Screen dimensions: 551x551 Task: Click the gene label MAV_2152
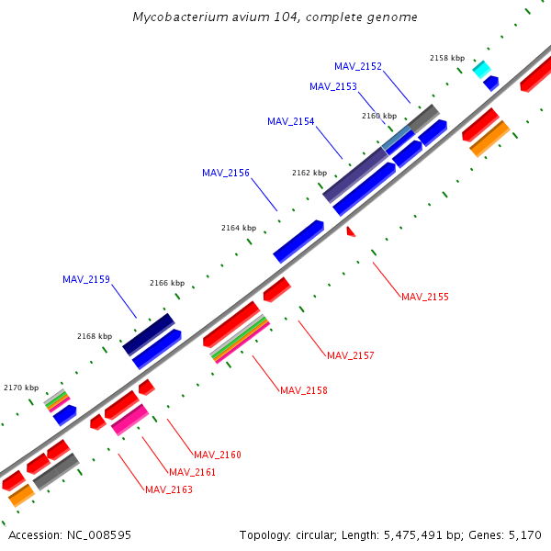click(x=358, y=66)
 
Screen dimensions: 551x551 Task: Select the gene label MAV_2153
click(x=333, y=86)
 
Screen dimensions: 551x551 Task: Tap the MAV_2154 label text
click(x=291, y=121)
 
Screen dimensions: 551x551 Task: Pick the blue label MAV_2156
click(x=226, y=173)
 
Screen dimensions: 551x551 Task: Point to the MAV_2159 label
click(x=86, y=279)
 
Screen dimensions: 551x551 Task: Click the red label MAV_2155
click(x=425, y=297)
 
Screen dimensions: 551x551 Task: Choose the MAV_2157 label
click(x=351, y=355)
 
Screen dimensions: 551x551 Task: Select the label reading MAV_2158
click(x=304, y=390)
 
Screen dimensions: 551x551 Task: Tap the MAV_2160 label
click(x=218, y=455)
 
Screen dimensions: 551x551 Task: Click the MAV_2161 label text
click(x=193, y=472)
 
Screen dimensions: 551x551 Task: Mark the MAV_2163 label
click(x=169, y=489)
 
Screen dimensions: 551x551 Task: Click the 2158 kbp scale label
click(x=447, y=58)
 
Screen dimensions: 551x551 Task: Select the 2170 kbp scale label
click(x=22, y=388)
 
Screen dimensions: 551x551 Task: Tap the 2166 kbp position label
click(x=167, y=283)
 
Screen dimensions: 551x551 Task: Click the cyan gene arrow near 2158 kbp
click(x=481, y=69)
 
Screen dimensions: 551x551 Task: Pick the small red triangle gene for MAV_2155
click(x=350, y=232)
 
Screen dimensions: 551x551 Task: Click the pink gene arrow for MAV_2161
click(x=129, y=420)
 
